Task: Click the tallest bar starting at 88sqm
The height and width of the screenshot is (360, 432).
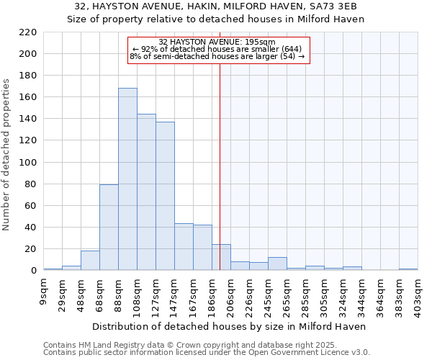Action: (127, 179)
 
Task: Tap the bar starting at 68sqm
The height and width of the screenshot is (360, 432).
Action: (109, 228)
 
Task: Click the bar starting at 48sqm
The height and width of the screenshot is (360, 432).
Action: (90, 261)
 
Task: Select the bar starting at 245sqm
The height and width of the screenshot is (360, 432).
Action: (277, 264)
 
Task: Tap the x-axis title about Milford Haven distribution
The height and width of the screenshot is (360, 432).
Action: (230, 326)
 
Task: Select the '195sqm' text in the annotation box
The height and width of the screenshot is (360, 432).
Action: (261, 42)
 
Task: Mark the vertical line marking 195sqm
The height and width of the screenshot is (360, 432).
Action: (220, 144)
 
